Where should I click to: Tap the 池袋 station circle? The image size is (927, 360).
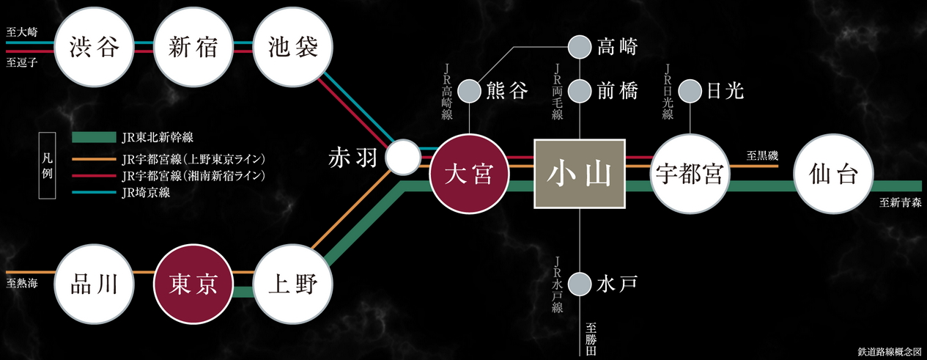(x=292, y=48)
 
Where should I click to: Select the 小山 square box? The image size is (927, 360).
(x=580, y=175)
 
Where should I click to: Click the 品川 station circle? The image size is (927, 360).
(x=95, y=283)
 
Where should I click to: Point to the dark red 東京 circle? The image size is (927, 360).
(x=193, y=284)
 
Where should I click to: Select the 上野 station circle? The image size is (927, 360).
(x=292, y=283)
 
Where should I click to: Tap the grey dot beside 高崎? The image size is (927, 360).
(x=580, y=47)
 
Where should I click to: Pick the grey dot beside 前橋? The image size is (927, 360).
(x=580, y=91)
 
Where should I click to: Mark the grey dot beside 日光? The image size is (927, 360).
(x=690, y=91)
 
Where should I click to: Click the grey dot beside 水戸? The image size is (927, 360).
(x=580, y=282)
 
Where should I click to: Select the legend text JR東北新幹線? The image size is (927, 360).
(x=154, y=137)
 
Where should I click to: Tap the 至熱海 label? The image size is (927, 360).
(x=22, y=282)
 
